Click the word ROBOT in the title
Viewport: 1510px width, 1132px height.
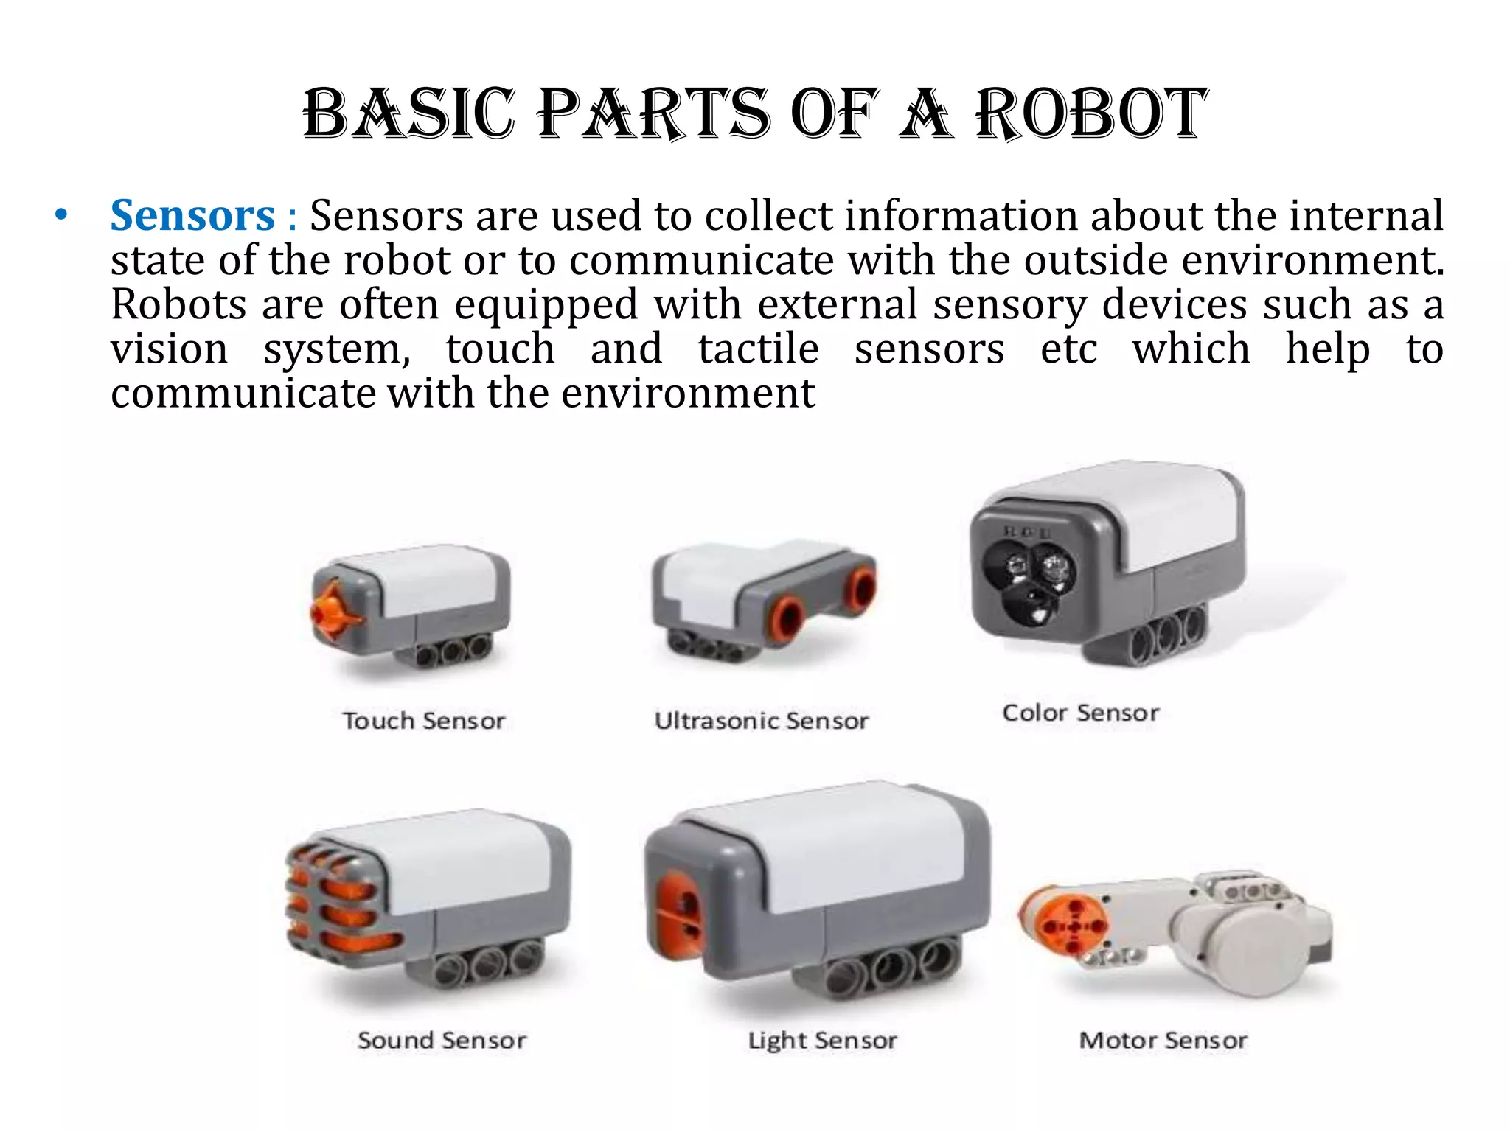pyautogui.click(x=1091, y=114)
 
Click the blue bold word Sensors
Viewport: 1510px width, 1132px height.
pyautogui.click(x=192, y=216)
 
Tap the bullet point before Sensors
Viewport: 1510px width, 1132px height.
pyautogui.click(x=61, y=216)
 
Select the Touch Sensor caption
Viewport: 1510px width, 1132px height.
pyautogui.click(x=424, y=721)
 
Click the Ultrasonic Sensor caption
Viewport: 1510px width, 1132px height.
pyautogui.click(x=762, y=721)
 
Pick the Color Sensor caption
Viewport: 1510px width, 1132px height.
pyautogui.click(x=1081, y=713)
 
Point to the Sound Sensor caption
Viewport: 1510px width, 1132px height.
pyautogui.click(x=442, y=1041)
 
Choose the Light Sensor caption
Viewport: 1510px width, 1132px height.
pyautogui.click(x=822, y=1041)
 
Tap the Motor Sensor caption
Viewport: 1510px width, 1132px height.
pyautogui.click(x=1163, y=1041)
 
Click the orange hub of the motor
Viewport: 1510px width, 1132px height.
pyautogui.click(x=1073, y=926)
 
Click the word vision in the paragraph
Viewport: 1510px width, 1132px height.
pyautogui.click(x=170, y=349)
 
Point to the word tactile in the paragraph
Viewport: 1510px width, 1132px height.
pyautogui.click(x=758, y=349)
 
